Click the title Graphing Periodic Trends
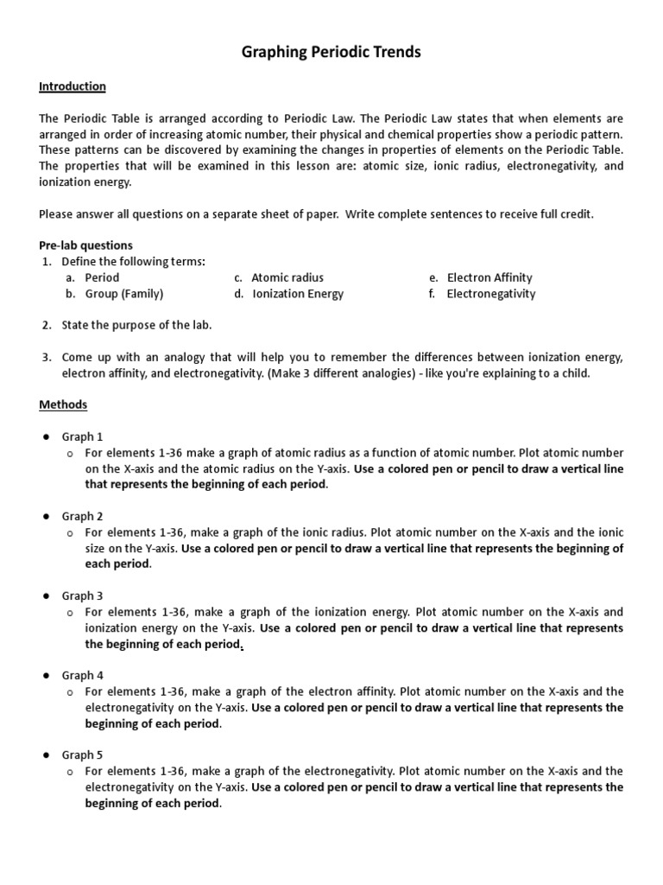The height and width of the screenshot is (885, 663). pyautogui.click(x=331, y=53)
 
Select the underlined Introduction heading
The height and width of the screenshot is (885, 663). pyautogui.click(x=73, y=86)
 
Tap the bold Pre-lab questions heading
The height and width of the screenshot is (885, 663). pyautogui.click(x=85, y=245)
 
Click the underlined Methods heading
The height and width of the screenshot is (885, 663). pyautogui.click(x=63, y=404)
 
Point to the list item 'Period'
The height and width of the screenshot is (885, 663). pyautogui.click(x=102, y=277)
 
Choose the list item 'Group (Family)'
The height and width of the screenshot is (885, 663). pyautogui.click(x=124, y=294)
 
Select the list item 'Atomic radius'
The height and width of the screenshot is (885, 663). pyautogui.click(x=287, y=277)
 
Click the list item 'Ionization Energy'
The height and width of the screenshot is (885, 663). pyautogui.click(x=298, y=294)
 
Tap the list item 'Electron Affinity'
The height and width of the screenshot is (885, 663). pyautogui.click(x=489, y=277)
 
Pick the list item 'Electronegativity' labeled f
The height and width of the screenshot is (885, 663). pyautogui.click(x=490, y=294)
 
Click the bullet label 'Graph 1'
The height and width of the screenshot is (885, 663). pyautogui.click(x=82, y=436)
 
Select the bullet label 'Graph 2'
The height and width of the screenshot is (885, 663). pyautogui.click(x=82, y=516)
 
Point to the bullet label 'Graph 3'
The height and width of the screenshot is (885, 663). pyautogui.click(x=82, y=595)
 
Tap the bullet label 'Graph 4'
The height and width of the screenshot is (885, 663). pyautogui.click(x=82, y=675)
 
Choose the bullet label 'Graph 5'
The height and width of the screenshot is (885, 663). pyautogui.click(x=82, y=754)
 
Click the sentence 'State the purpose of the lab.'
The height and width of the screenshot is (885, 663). pyautogui.click(x=136, y=325)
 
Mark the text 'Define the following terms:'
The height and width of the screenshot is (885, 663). pyautogui.click(x=133, y=262)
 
